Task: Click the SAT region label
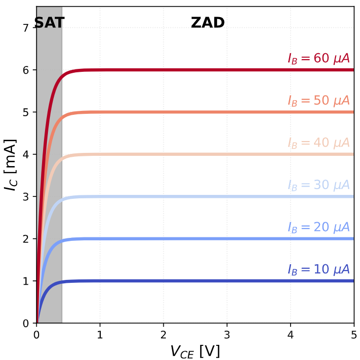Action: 49,22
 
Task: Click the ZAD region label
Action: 207,22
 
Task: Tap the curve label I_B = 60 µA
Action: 318,59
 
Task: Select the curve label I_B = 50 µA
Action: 318,101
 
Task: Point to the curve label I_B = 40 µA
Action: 318,143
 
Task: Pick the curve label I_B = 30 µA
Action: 318,186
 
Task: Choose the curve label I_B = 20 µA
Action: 318,228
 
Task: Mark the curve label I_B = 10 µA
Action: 318,270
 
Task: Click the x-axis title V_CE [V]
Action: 195,351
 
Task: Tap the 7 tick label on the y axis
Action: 26,28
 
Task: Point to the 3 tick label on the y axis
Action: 26,197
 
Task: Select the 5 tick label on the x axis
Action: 354,335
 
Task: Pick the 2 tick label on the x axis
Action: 163,335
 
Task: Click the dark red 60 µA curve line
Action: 196,70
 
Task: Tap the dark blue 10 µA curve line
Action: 196,281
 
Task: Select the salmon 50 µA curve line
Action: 196,112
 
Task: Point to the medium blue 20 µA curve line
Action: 196,239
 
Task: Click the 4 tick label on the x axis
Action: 290,335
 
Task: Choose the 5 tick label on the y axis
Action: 26,112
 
